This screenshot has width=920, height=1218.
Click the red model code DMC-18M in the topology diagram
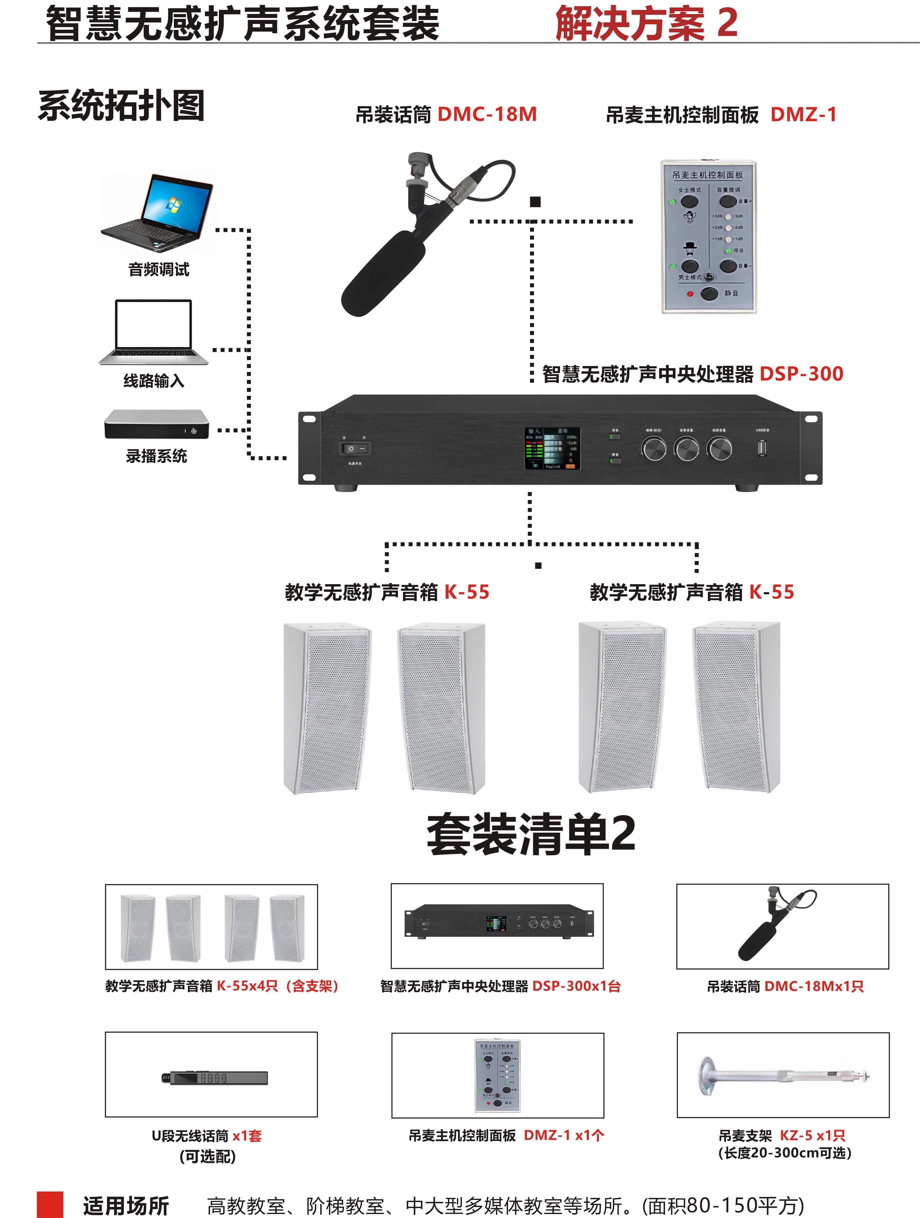point(487,114)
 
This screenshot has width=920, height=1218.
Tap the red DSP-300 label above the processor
point(801,374)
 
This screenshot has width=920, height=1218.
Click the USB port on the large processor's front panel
point(762,448)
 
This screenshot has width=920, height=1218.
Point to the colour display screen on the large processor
point(552,448)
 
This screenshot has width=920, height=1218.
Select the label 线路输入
point(154,381)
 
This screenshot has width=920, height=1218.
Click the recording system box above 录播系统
point(157,424)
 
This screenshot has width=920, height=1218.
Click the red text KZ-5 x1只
point(812,1135)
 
